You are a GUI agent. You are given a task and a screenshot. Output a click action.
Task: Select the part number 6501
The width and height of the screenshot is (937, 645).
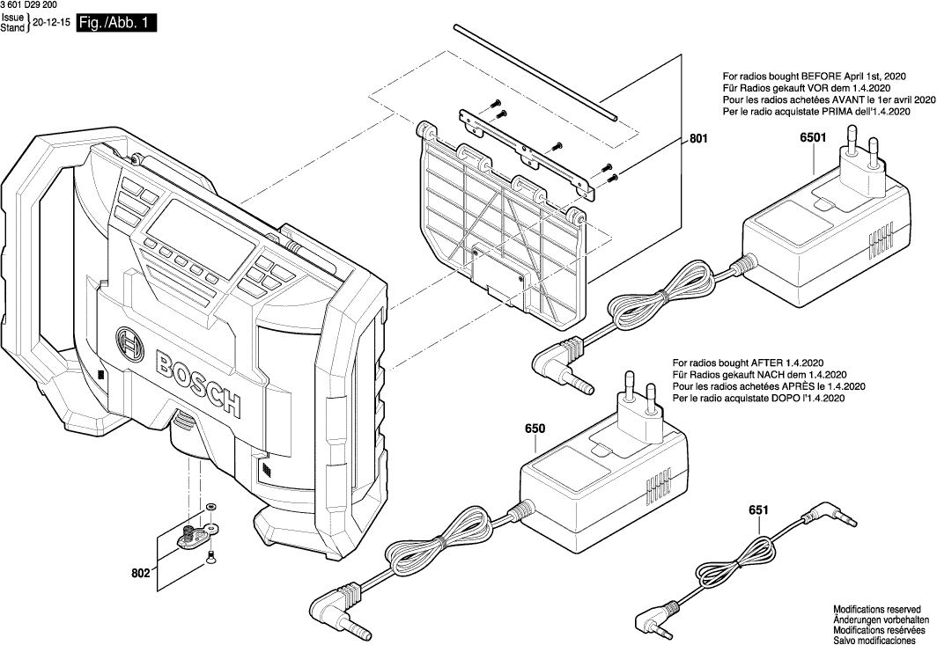[813, 138]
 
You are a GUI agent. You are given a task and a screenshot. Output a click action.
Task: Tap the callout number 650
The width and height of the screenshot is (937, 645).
[535, 429]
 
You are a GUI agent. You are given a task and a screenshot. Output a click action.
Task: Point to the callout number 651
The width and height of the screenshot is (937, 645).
[758, 509]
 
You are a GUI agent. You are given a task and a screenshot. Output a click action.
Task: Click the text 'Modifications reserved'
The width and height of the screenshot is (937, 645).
[877, 609]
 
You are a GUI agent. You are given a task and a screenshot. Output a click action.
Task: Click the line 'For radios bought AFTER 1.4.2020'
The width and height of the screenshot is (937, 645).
[748, 363]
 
